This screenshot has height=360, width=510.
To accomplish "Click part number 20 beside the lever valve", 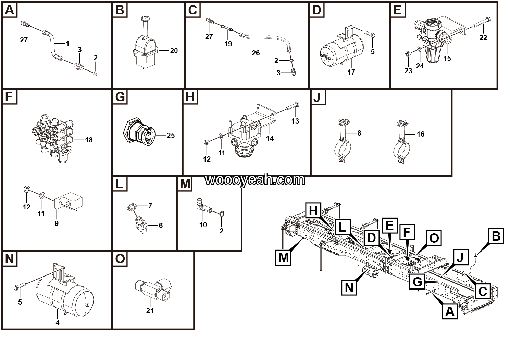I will pos(174,51).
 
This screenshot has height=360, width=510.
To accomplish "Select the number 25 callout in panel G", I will pos(171,136).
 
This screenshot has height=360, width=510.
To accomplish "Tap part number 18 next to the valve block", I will pos(88,140).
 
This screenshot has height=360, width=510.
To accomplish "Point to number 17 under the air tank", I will pos(351,72).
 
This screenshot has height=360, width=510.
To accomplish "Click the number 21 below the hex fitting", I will pos(150,310).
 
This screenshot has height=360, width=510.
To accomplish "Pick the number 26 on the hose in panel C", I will pos(256,53).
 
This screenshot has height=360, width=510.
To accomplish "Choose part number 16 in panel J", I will pos(420,134).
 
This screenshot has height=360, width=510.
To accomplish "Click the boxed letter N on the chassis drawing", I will pos(349,287).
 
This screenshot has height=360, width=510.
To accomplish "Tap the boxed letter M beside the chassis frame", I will pos(284,257).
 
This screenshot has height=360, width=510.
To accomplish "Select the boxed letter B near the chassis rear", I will pos(496,236).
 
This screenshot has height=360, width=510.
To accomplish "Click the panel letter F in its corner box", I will pos(9,97).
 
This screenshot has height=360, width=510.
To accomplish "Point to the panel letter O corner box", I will pos(120,259).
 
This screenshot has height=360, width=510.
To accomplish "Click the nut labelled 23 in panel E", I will pos(408,53).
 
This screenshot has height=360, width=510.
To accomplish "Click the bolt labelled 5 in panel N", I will pos(18,287).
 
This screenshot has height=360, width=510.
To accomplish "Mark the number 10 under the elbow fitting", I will pos(203,224).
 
